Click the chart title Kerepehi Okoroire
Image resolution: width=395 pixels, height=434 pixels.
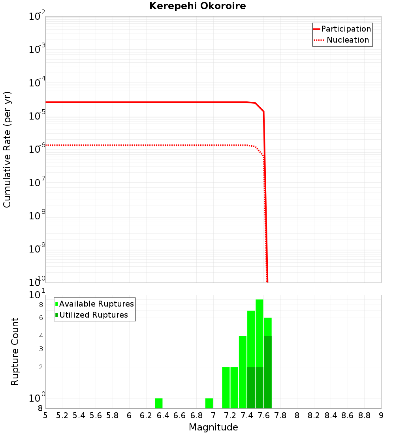click(x=197, y=6)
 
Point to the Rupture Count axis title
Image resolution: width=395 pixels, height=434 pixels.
click(x=15, y=352)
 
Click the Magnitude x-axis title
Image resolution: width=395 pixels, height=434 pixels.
click(x=213, y=427)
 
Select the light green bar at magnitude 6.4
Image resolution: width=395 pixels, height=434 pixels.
click(x=158, y=403)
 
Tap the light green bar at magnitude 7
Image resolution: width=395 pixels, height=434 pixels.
click(x=209, y=403)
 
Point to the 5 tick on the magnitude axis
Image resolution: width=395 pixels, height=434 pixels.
click(x=45, y=415)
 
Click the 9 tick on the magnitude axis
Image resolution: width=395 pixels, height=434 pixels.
click(x=381, y=415)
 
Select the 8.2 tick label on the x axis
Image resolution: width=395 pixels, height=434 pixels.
click(x=314, y=415)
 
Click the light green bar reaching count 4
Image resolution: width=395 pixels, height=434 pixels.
click(x=243, y=371)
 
